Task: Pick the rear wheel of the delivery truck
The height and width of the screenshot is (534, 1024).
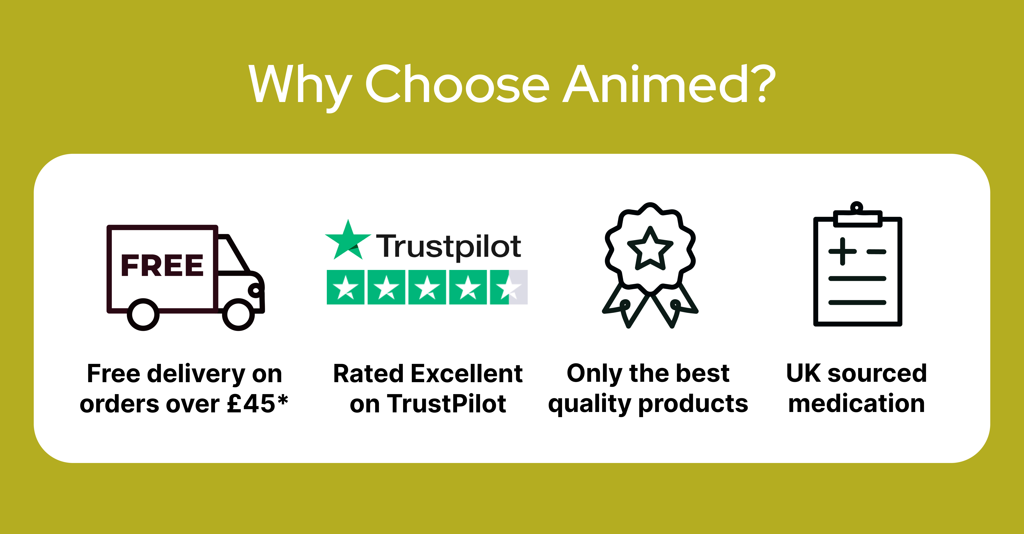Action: tap(143, 314)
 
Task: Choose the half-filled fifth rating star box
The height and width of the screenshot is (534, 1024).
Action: tap(509, 287)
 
